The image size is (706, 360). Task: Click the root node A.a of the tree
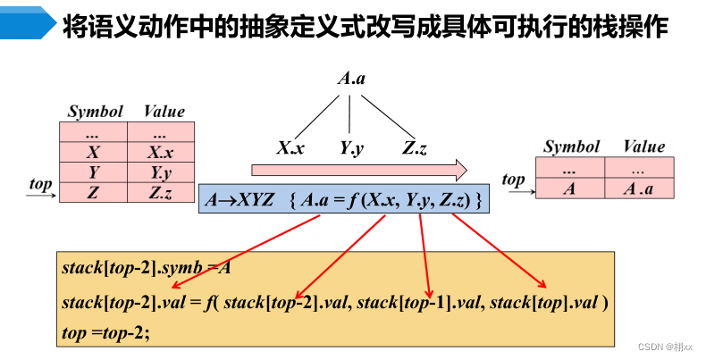pyautogui.click(x=350, y=80)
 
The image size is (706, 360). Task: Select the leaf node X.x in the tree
pyautogui.click(x=290, y=148)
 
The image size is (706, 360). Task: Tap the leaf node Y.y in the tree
pyautogui.click(x=351, y=148)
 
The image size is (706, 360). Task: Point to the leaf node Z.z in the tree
pyautogui.click(x=414, y=148)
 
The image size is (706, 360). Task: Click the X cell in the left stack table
pyautogui.click(x=94, y=152)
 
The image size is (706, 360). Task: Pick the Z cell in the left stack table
pyautogui.click(x=94, y=191)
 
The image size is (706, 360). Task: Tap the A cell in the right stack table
pyautogui.click(x=570, y=188)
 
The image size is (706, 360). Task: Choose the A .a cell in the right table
pyautogui.click(x=638, y=188)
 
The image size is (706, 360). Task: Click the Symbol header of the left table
pyautogui.click(x=95, y=112)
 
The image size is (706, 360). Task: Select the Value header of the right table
pyautogui.click(x=643, y=147)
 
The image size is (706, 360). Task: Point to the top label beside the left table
pyautogui.click(x=40, y=183)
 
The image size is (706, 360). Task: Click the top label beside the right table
pyautogui.click(x=514, y=180)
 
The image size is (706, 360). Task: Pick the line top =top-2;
pyautogui.click(x=106, y=332)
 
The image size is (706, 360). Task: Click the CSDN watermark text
pyautogui.click(x=667, y=345)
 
